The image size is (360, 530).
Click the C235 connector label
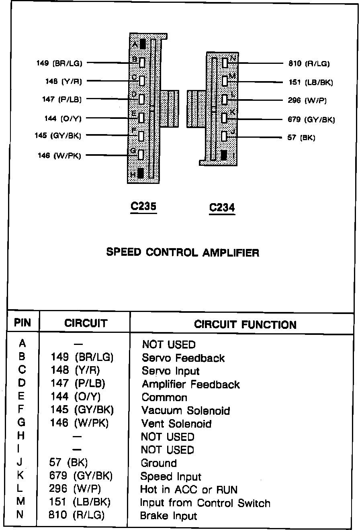(143, 206)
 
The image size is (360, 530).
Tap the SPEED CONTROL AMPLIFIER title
(182, 253)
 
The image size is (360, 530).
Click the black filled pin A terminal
(143, 43)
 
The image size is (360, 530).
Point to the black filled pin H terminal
(141, 173)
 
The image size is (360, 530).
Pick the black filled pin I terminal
(224, 155)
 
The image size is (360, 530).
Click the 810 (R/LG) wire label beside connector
(309, 63)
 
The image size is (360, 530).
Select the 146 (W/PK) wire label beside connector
(59, 156)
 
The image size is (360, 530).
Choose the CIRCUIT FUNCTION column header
(245, 324)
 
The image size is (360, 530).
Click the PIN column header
(22, 323)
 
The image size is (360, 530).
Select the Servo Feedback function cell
(183, 358)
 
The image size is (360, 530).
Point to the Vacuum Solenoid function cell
(186, 411)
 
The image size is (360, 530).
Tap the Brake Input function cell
(168, 516)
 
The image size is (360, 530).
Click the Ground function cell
(159, 463)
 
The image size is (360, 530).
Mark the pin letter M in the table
(22, 502)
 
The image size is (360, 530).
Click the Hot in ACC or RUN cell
(189, 489)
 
